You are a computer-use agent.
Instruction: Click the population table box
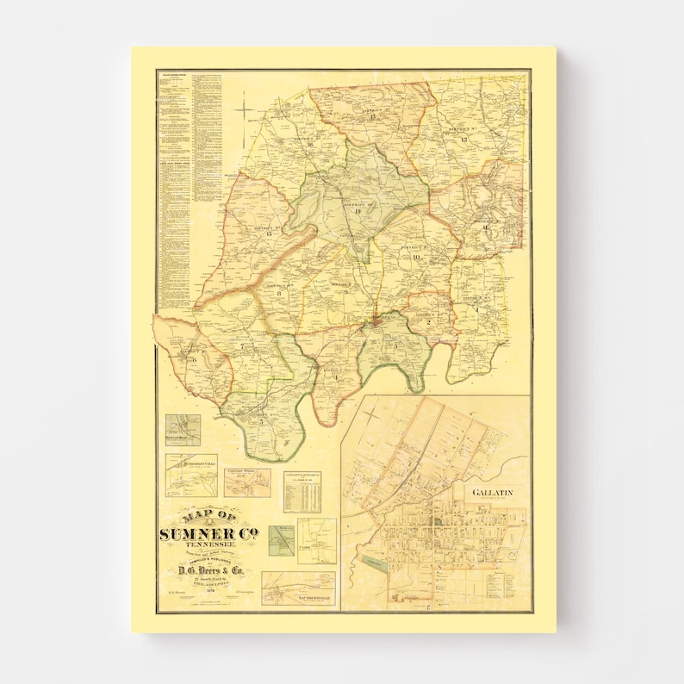pyautogui.click(x=302, y=491)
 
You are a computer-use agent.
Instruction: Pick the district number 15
pyautogui.click(x=269, y=233)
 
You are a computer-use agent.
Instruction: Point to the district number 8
pyautogui.click(x=279, y=294)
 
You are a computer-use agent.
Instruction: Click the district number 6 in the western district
pyautogui.click(x=195, y=359)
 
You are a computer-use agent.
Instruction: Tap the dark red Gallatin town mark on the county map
pyautogui.click(x=376, y=323)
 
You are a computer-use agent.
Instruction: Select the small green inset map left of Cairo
pyautogui.click(x=280, y=541)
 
